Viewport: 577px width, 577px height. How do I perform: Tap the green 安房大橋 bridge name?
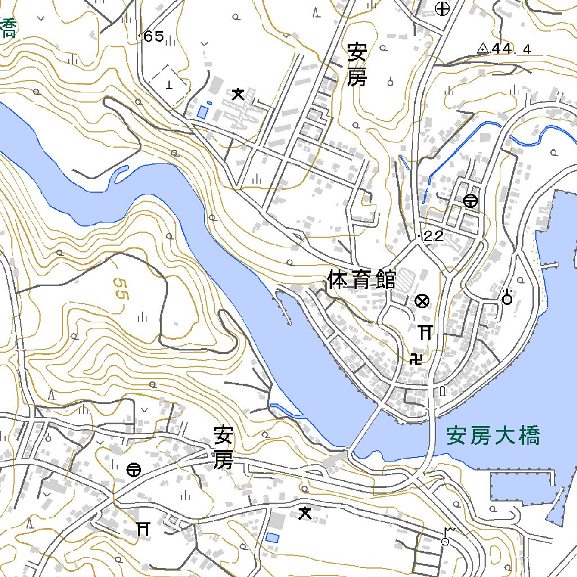point(493,436)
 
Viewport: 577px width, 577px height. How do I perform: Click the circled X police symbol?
point(421,301)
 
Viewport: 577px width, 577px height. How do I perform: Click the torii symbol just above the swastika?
point(425,332)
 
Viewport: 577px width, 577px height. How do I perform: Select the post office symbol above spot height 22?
point(471,201)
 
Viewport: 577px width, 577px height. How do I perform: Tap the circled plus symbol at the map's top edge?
point(443,8)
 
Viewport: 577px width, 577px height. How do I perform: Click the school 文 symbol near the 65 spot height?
point(238,95)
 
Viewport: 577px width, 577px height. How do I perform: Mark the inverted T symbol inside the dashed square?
point(169,85)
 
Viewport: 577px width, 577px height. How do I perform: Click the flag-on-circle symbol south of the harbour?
point(447,536)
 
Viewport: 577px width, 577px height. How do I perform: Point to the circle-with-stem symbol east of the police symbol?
point(507,297)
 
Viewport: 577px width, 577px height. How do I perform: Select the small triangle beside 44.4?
point(483,49)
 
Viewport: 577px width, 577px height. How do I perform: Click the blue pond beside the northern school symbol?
point(202,112)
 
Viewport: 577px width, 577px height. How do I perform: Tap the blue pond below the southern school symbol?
point(273,538)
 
